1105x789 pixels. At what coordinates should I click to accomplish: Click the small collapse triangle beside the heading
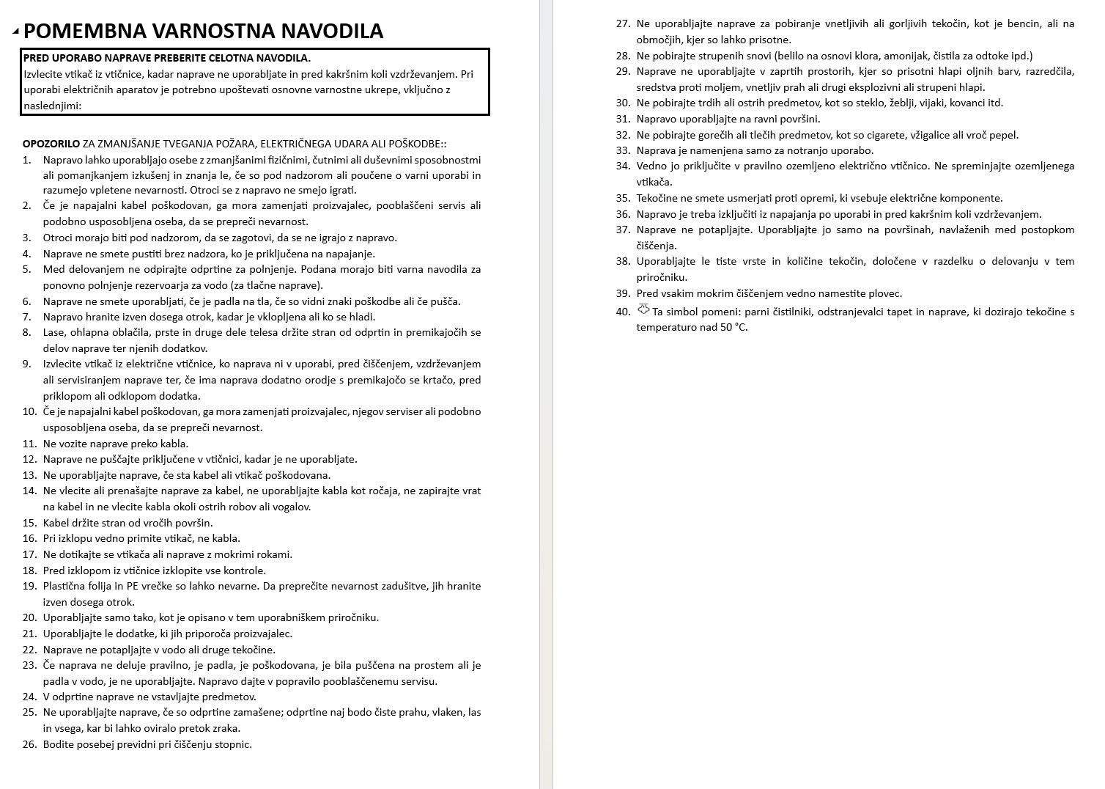[16, 32]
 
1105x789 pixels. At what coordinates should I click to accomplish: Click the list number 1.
[27, 160]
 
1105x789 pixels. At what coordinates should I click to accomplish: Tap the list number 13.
[29, 475]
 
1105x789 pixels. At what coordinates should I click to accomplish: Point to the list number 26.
[29, 744]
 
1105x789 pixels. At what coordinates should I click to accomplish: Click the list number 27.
[623, 24]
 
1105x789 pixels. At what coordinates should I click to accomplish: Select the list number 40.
[623, 312]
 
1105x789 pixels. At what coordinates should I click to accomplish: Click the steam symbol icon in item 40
[643, 309]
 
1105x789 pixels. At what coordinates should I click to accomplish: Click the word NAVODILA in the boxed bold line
[284, 58]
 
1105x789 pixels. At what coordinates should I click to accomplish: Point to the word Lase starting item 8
[54, 332]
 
